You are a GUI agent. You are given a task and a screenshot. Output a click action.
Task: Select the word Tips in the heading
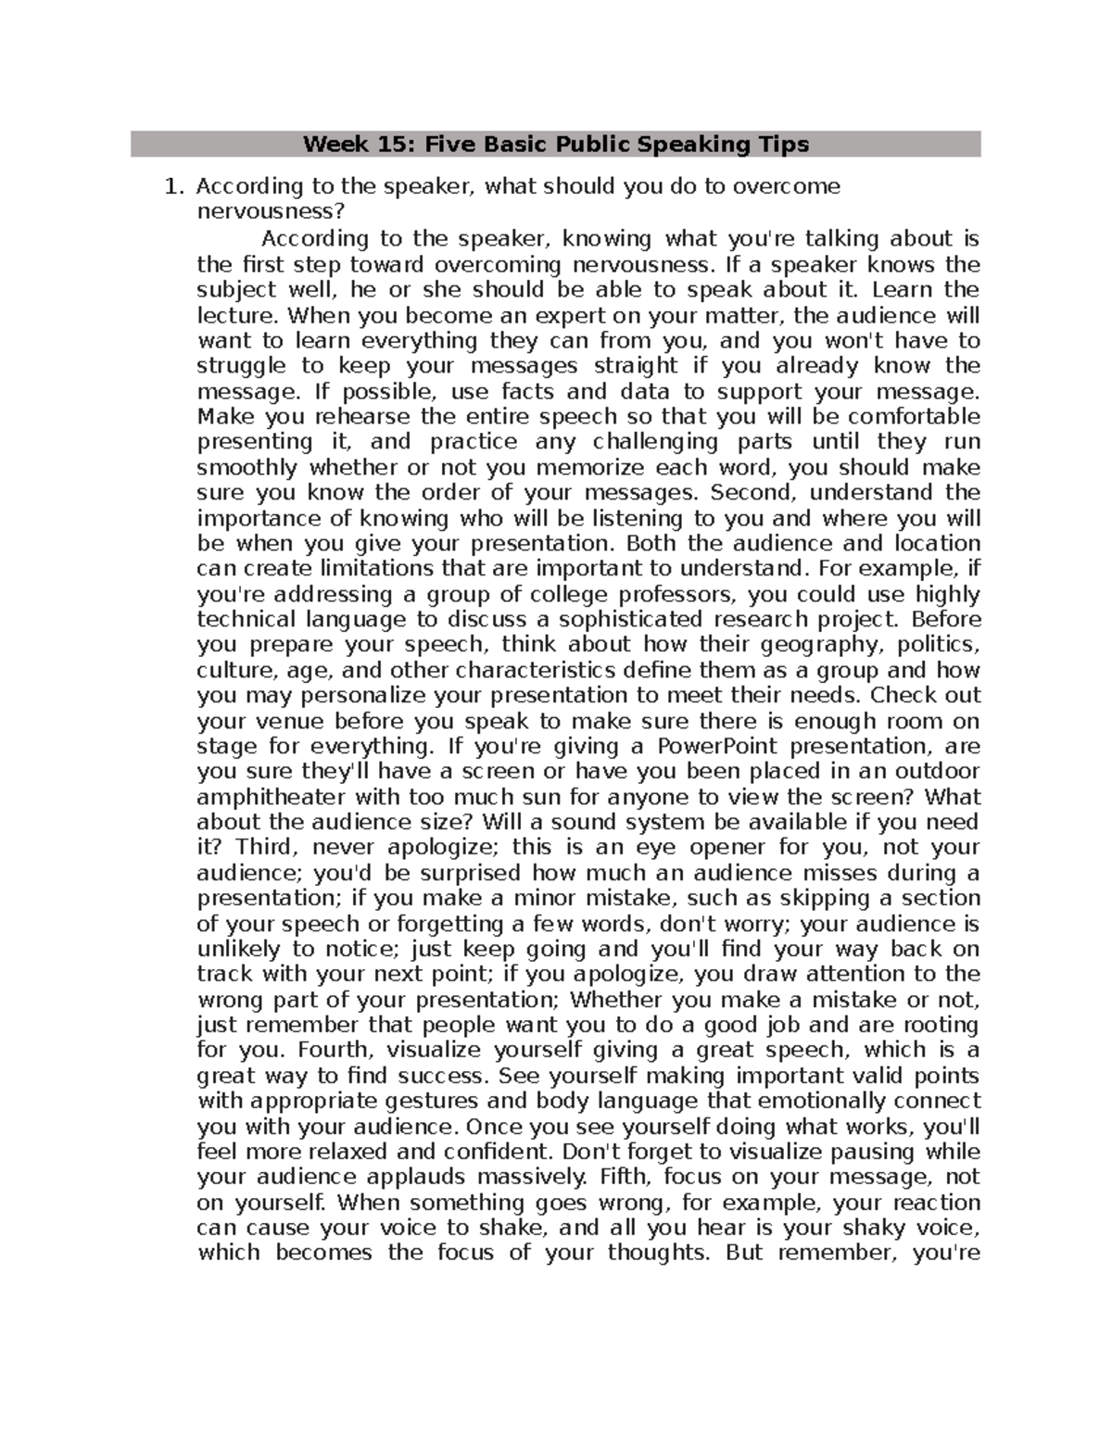pyautogui.click(x=784, y=145)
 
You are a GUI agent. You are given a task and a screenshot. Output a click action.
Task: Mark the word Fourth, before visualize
pyautogui.click(x=337, y=1050)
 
